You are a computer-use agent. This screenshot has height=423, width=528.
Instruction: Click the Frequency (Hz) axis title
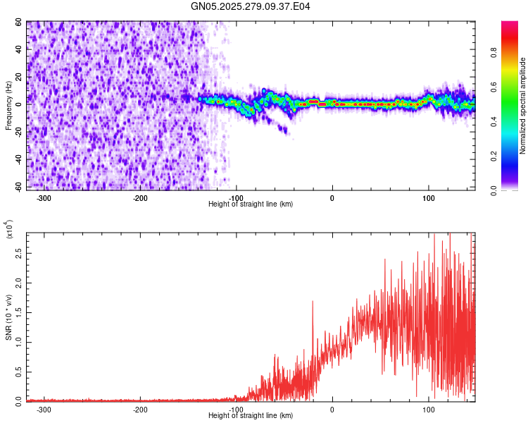[x=9, y=106]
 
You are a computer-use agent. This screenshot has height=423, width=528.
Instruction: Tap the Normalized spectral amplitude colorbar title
[x=523, y=106]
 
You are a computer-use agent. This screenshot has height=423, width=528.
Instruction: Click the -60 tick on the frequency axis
[x=18, y=187]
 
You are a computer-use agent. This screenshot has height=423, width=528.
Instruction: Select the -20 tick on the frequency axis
[x=18, y=132]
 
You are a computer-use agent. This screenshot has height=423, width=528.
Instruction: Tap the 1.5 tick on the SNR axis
[x=19, y=311]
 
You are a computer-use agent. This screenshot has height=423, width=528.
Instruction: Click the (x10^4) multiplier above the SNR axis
[x=10, y=229]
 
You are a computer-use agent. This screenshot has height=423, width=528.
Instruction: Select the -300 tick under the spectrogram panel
[x=44, y=198]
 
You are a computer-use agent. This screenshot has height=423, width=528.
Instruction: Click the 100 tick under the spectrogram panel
[x=428, y=198]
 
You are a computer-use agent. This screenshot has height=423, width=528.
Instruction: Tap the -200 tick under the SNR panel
[x=139, y=409]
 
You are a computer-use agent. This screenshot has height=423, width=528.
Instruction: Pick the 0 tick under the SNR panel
[x=332, y=409]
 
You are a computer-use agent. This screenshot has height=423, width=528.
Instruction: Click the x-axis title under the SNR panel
[x=251, y=416]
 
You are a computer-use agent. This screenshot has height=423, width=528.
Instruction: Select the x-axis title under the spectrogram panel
[x=251, y=204]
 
